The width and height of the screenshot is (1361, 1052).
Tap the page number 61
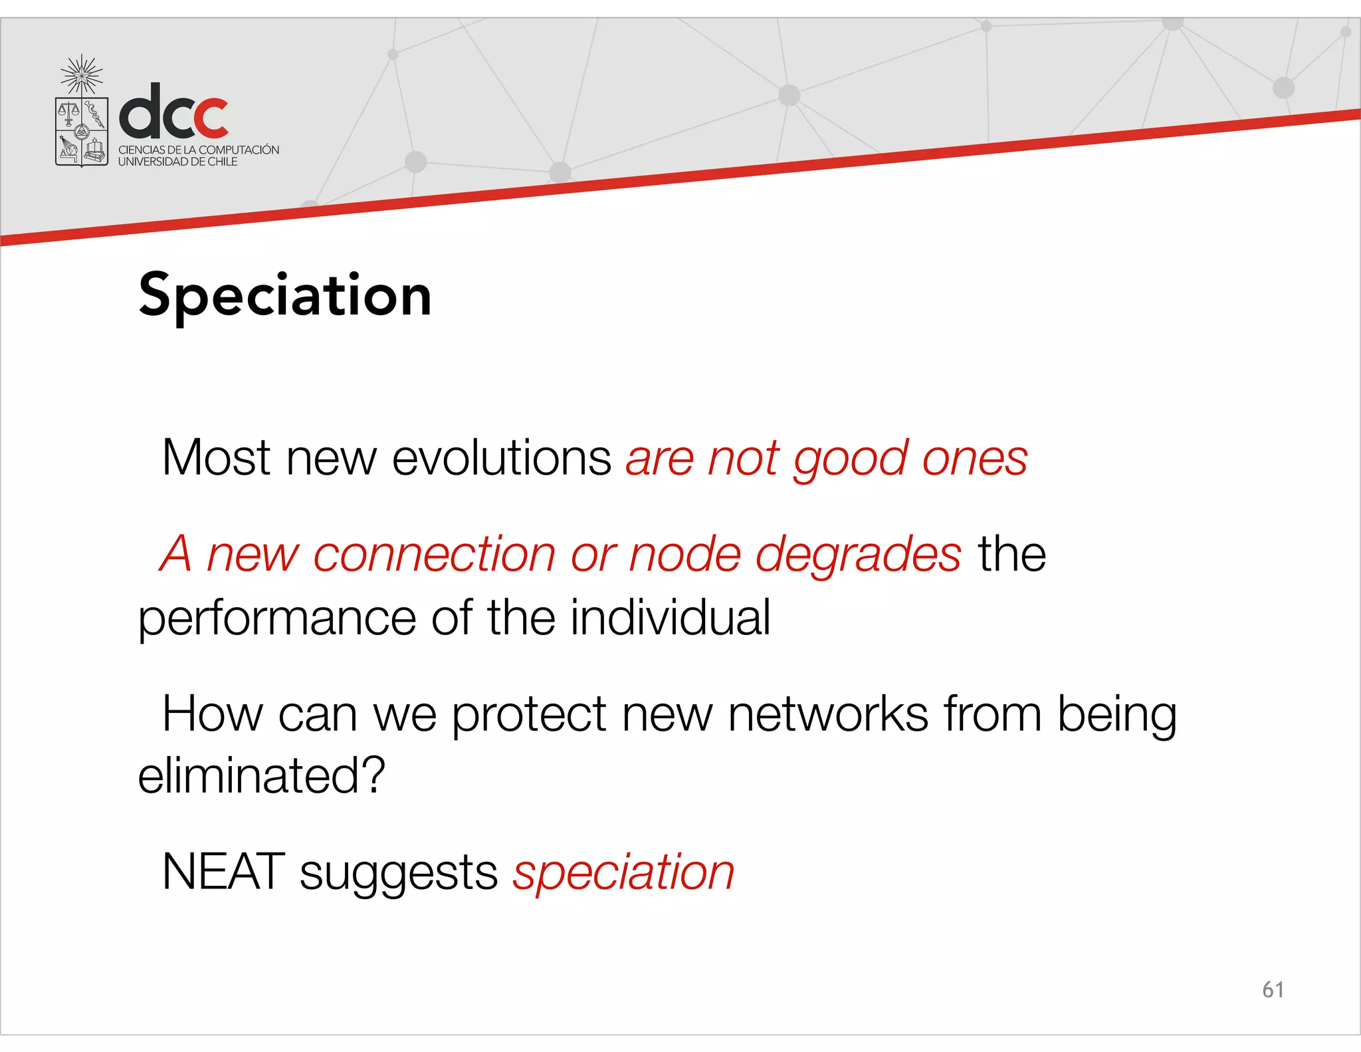click(1273, 989)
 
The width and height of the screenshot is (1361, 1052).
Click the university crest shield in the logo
click(81, 131)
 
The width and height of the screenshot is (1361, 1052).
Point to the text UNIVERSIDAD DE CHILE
click(177, 162)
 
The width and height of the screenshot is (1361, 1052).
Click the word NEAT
click(223, 871)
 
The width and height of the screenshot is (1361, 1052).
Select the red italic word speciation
click(623, 872)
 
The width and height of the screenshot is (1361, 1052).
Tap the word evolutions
click(501, 458)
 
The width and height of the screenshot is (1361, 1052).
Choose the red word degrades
click(859, 555)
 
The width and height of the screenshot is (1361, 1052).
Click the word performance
click(277, 618)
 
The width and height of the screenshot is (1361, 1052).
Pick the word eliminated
click(261, 776)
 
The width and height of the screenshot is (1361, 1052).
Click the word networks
click(828, 714)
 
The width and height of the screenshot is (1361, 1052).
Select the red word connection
click(434, 555)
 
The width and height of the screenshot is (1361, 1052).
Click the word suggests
click(399, 874)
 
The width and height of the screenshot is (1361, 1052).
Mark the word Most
click(216, 458)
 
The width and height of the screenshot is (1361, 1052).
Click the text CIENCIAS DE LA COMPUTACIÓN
click(199, 150)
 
